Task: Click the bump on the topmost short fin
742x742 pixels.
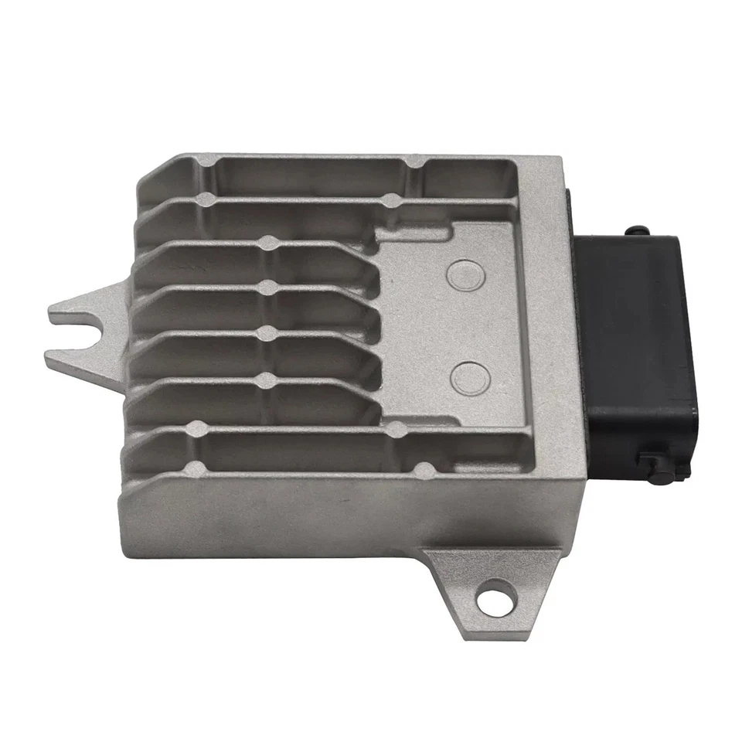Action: [x=268, y=243]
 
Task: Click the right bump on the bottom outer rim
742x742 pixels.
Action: [x=424, y=469]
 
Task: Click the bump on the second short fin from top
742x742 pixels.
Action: [x=268, y=289]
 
